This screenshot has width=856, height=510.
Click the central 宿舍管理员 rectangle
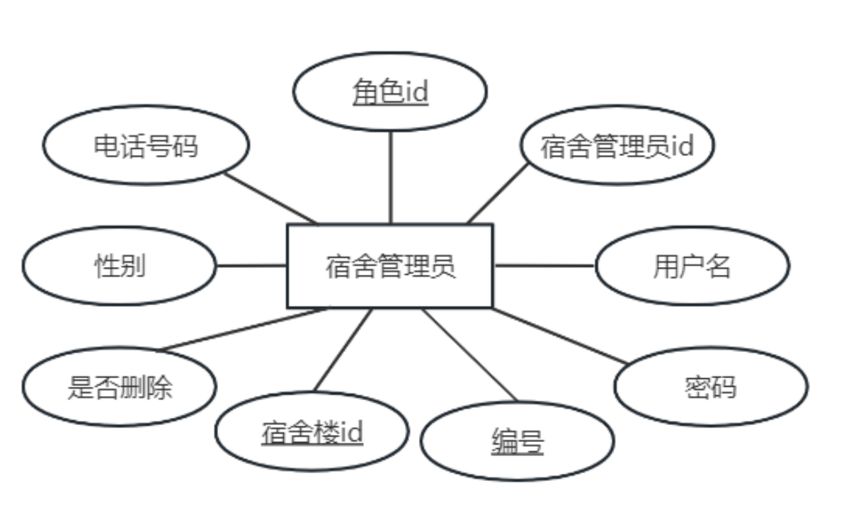pos(389,266)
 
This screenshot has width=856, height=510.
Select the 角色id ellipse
pos(390,91)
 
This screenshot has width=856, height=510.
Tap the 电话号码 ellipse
pos(146,145)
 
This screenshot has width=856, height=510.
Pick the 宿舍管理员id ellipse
pos(617,146)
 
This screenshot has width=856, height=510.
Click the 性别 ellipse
pos(119,266)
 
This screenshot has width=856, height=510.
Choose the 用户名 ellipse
pos(692,266)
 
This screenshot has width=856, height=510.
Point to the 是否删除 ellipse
pos(119,387)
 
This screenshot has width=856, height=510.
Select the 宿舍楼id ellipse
pos(312,431)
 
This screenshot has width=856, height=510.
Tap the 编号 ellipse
pos(517,441)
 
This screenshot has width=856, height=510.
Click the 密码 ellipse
pos(710,387)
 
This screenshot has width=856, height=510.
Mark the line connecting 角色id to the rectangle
pos(390,177)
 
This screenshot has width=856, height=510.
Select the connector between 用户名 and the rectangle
pos(544,266)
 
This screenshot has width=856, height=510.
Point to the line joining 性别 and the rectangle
pos(251,266)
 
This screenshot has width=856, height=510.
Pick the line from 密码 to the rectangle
pos(559,336)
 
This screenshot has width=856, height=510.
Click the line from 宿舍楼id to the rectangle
pos(343,350)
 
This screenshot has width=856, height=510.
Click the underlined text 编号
pos(517,442)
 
